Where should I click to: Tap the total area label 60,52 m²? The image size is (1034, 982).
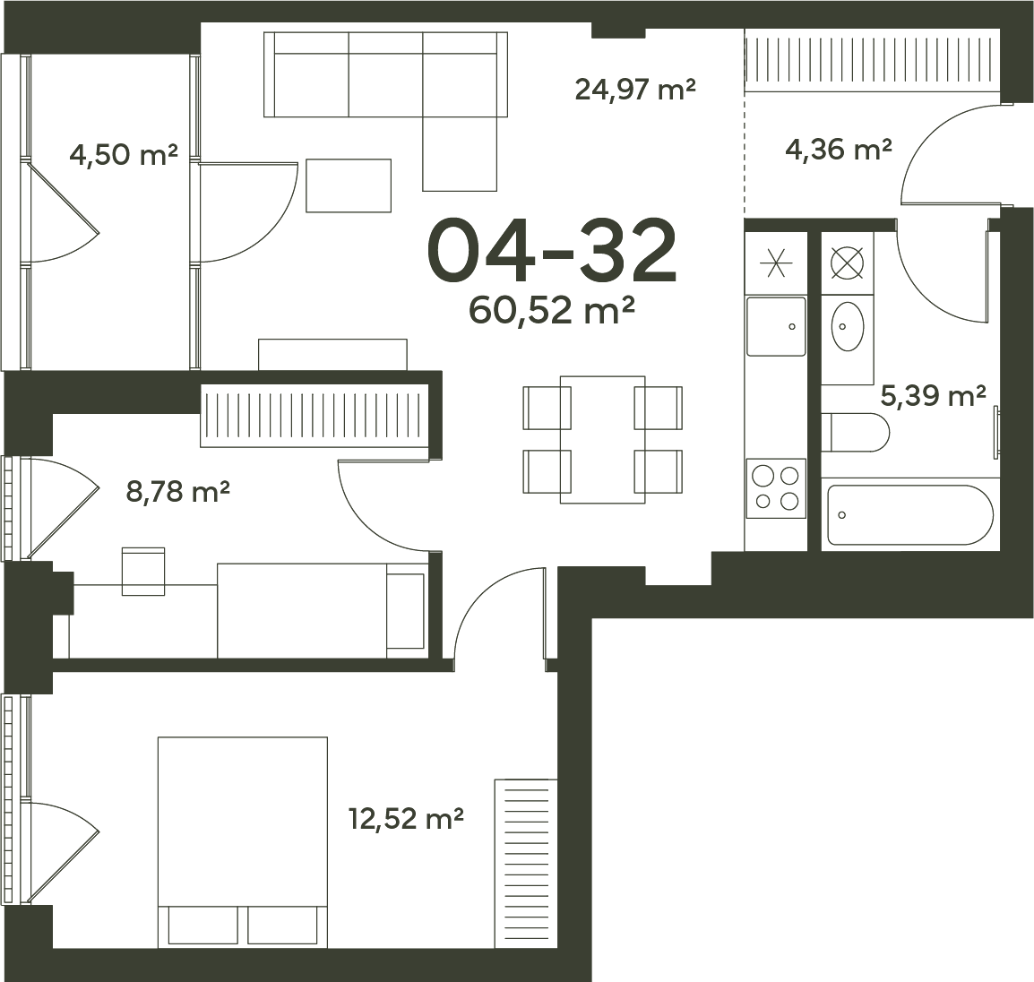[551, 310]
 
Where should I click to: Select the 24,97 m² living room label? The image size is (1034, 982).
[635, 89]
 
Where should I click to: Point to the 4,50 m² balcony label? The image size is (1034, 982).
[124, 156]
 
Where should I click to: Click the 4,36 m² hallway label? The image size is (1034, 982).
[838, 149]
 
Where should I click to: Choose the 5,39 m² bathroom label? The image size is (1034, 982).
[933, 396]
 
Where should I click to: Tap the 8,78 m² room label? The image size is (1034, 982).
[177, 491]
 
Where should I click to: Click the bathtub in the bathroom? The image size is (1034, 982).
[910, 515]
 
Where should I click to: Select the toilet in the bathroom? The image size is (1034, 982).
[856, 433]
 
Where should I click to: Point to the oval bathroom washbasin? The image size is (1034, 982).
[848, 326]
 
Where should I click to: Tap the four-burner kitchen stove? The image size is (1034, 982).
[776, 488]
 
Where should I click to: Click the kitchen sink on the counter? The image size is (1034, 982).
[776, 326]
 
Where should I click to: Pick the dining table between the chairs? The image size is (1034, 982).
[603, 440]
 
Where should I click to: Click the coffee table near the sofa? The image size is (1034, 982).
[349, 185]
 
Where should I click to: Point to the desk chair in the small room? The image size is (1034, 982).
[143, 571]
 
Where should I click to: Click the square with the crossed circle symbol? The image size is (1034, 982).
[848, 263]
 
